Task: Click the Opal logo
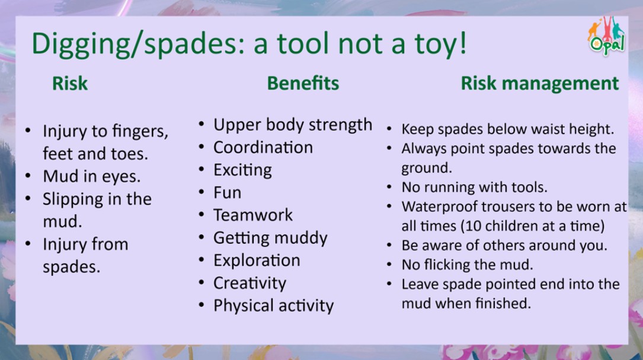click(607, 36)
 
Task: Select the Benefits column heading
click(303, 84)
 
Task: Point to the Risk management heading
click(540, 84)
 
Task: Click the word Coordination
click(263, 147)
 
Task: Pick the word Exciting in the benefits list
click(242, 170)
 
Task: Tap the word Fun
click(227, 193)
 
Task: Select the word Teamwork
click(253, 215)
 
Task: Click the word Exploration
click(257, 260)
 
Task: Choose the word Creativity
click(249, 283)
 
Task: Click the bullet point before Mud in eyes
click(28, 176)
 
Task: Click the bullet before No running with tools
click(389, 187)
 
